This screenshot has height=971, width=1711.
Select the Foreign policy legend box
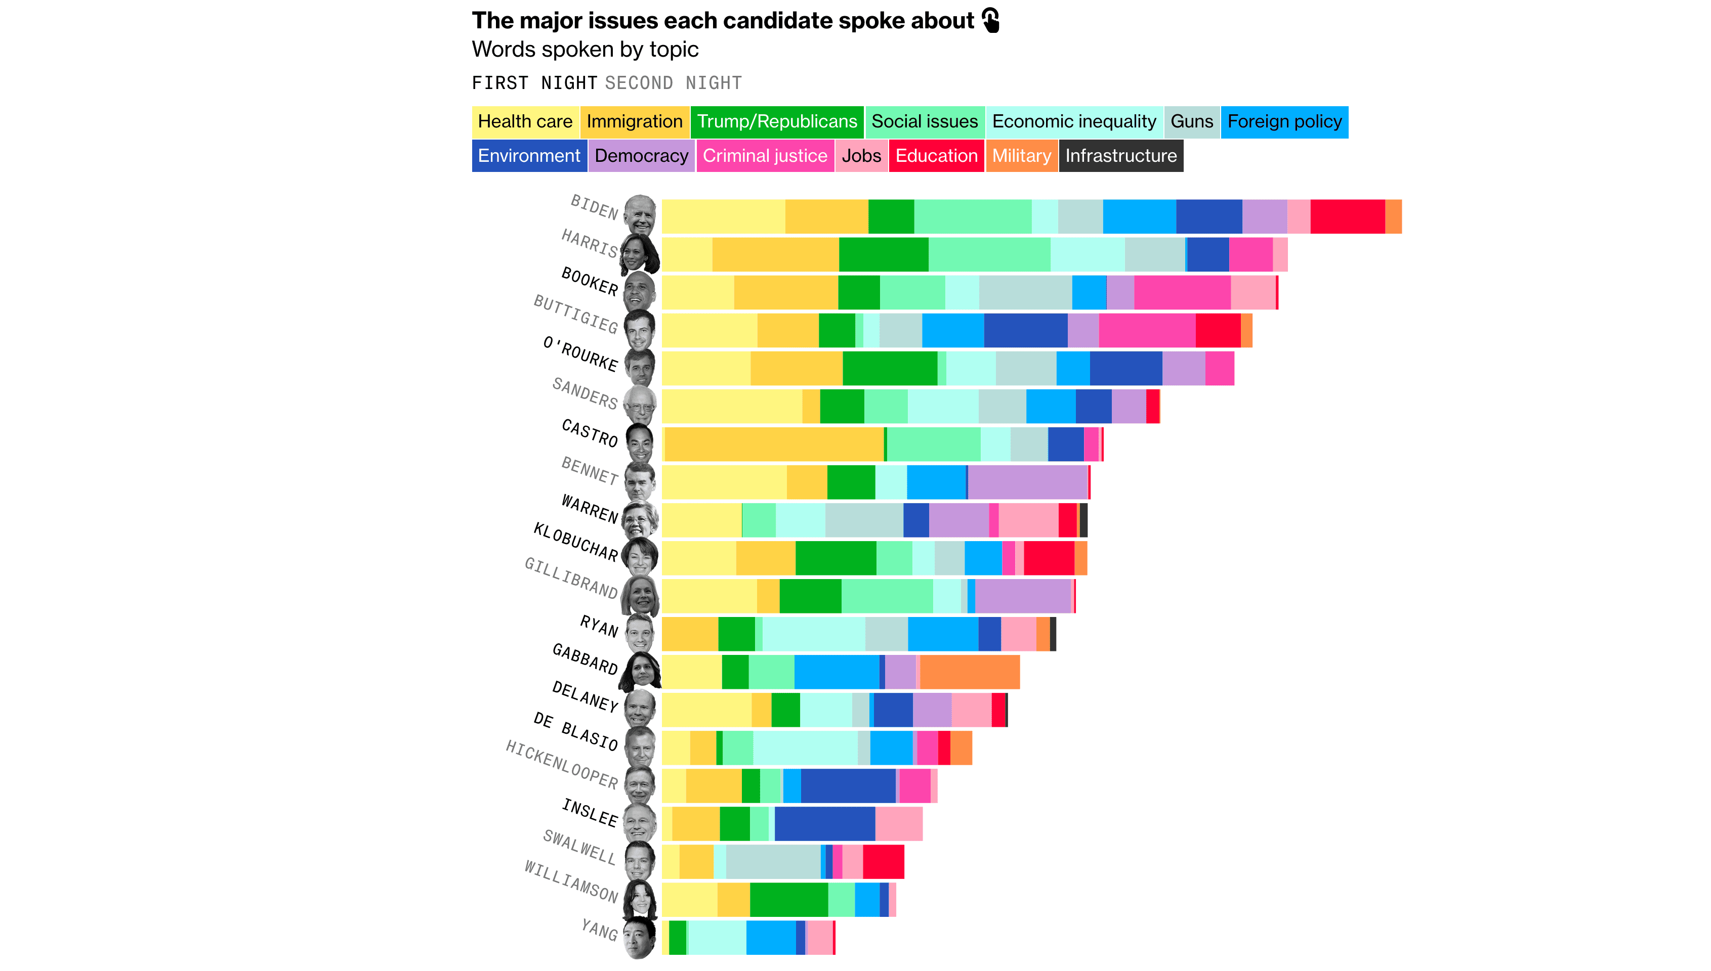pyautogui.click(x=1283, y=122)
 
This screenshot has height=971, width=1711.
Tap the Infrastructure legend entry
pyautogui.click(x=1120, y=156)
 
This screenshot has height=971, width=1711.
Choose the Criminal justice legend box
pyautogui.click(x=764, y=156)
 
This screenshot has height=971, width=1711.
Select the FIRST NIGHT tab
pyautogui.click(x=534, y=83)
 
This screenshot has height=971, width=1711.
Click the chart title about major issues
pyautogui.click(x=722, y=21)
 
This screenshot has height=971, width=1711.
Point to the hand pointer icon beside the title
pyautogui.click(x=991, y=21)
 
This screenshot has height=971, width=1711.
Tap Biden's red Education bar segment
pyautogui.click(x=1347, y=217)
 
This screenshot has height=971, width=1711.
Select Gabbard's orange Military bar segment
pyautogui.click(x=969, y=672)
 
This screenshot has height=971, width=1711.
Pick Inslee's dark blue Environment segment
pyautogui.click(x=824, y=824)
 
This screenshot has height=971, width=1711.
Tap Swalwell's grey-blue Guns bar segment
pyautogui.click(x=773, y=862)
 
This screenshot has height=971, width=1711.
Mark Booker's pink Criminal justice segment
pyautogui.click(x=1181, y=293)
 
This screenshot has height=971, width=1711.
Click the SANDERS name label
pyautogui.click(x=585, y=393)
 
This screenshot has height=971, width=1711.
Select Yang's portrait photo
pyautogui.click(x=639, y=938)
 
